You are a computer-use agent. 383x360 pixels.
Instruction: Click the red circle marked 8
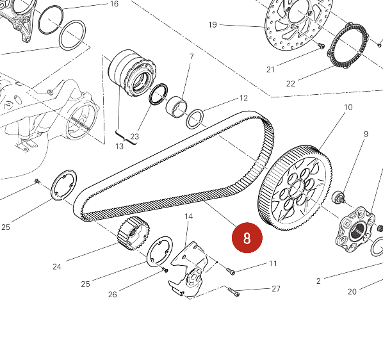(x=247, y=238)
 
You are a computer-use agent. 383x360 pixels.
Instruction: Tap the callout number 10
(x=348, y=107)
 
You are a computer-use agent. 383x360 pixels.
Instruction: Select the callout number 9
(x=366, y=134)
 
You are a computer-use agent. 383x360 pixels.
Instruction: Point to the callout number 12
(x=243, y=98)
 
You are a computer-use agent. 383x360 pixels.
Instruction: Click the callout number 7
(x=191, y=56)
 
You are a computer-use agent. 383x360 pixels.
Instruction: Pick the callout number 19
(x=213, y=25)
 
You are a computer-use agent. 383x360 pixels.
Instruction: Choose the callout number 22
(x=291, y=84)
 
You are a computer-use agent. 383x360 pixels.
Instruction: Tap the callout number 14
(x=188, y=217)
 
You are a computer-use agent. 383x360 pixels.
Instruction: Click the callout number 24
(x=56, y=266)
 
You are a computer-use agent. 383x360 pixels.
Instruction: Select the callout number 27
(x=276, y=289)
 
